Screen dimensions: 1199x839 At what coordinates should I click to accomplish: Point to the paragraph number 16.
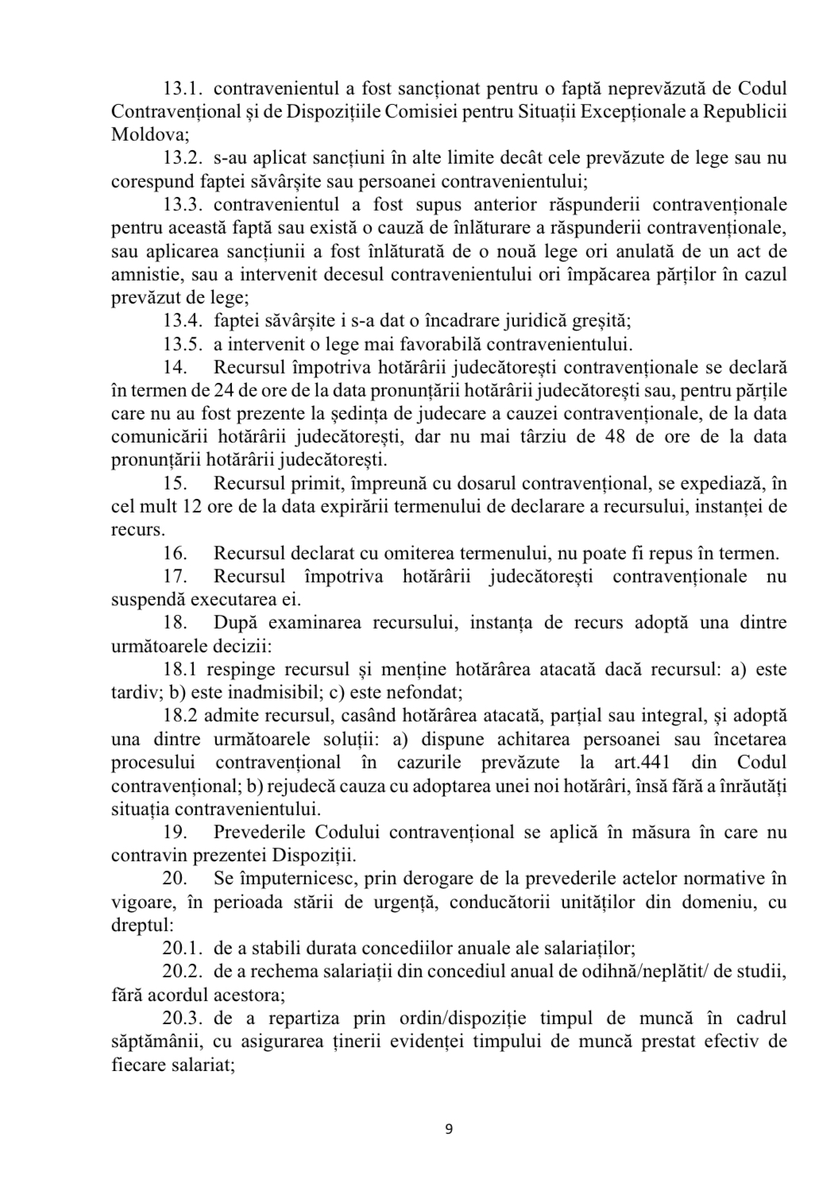click(175, 553)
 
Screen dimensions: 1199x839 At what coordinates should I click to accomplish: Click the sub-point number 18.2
click(180, 716)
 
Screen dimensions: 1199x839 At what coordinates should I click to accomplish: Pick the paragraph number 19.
click(175, 833)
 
